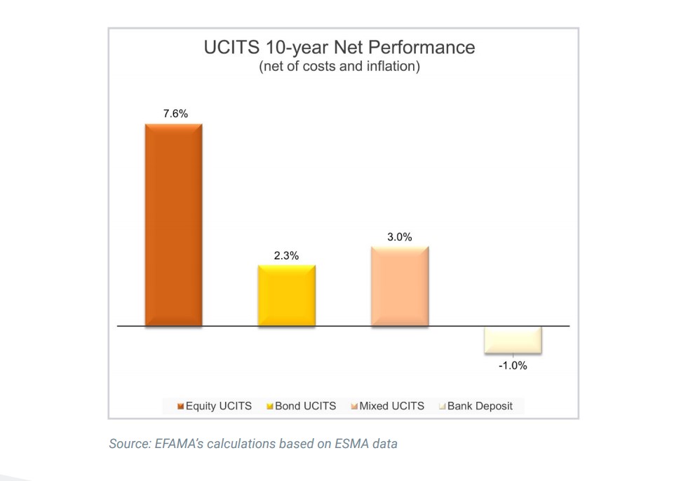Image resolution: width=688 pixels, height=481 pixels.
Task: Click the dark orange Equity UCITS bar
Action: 173,224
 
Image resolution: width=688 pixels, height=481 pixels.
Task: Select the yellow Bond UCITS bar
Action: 286,295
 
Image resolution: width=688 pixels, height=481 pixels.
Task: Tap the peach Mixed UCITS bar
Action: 399,286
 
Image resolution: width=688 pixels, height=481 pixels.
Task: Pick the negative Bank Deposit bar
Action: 513,339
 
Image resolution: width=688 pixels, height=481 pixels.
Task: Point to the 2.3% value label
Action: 286,256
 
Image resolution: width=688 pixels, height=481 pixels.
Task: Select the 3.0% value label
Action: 399,238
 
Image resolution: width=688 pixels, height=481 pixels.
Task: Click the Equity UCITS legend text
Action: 218,406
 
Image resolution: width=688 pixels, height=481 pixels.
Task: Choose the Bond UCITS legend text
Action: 305,406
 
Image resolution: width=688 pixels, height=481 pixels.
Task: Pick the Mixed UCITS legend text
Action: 391,406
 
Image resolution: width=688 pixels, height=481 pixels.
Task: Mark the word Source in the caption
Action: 126,444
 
